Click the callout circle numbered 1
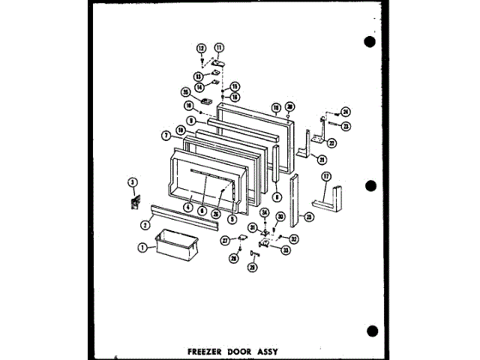(143, 246)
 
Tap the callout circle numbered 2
(144, 223)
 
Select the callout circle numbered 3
(132, 182)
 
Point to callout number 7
(165, 135)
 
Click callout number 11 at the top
(219, 47)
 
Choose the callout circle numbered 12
(201, 49)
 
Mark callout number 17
(326, 176)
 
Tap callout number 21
(322, 159)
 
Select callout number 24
(346, 112)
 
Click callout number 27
(224, 240)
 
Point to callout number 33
(286, 250)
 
